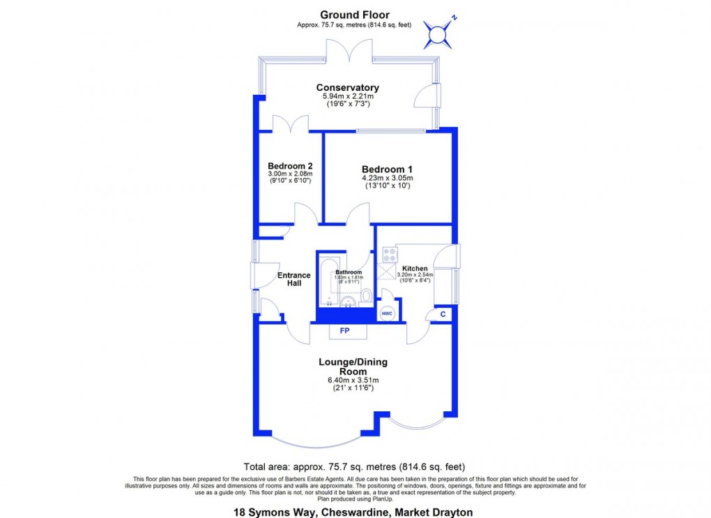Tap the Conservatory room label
[347, 88]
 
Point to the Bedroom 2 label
[289, 165]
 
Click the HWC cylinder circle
[388, 313]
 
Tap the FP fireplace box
[344, 330]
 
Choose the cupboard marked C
[443, 314]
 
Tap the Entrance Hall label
[294, 279]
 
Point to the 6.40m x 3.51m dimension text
[353, 380]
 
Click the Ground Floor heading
[354, 15]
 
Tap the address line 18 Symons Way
[353, 512]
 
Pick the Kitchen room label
[415, 268]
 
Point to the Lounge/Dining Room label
[353, 367]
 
